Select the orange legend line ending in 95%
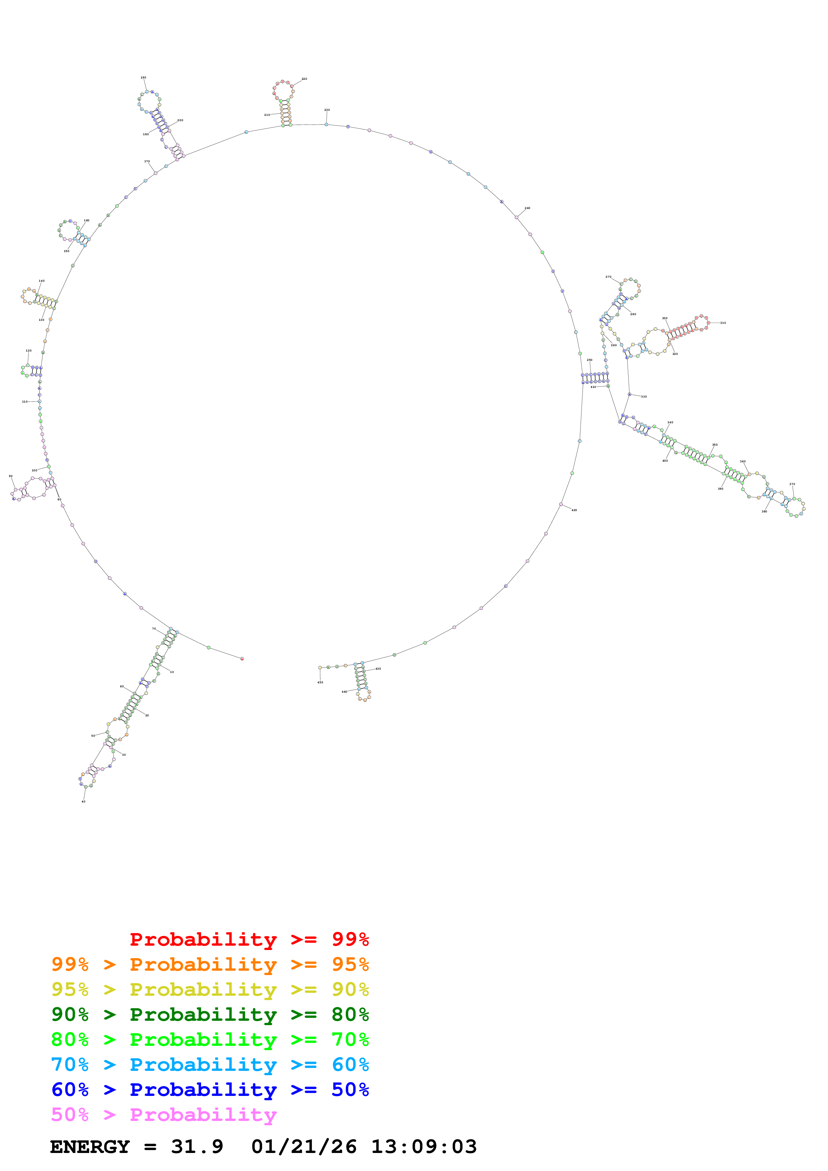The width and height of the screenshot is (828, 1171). click(210, 964)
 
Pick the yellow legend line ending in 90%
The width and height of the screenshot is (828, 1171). click(210, 989)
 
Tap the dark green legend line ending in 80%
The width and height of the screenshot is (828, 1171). click(210, 1014)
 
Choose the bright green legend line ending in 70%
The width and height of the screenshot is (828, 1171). click(210, 1039)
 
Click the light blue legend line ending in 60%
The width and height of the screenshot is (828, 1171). click(210, 1065)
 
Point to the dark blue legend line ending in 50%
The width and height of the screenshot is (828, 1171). click(210, 1090)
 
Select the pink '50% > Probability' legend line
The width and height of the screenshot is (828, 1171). click(164, 1114)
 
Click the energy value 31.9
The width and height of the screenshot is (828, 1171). click(197, 1147)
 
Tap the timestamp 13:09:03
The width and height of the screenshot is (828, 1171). click(424, 1147)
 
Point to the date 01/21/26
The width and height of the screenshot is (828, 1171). click(304, 1147)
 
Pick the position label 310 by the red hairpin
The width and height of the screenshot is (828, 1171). click(722, 323)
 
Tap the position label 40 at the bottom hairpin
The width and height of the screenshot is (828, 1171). click(84, 801)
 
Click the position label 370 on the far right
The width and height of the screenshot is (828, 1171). click(792, 484)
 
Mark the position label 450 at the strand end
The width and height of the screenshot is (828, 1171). click(320, 682)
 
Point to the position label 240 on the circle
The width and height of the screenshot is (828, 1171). click(527, 208)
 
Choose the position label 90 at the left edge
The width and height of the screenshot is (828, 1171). click(11, 476)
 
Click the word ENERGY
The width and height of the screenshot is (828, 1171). click(90, 1147)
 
